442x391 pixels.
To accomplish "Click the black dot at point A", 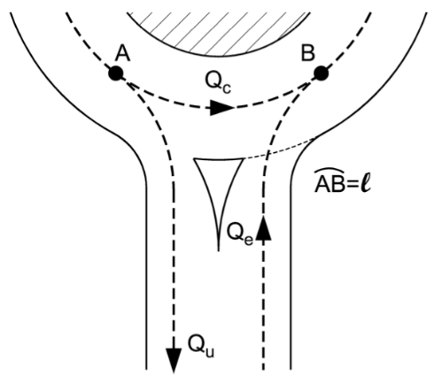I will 115,73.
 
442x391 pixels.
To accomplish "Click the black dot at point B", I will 321,73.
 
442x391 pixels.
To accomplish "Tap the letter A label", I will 122,52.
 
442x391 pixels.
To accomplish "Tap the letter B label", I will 308,52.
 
